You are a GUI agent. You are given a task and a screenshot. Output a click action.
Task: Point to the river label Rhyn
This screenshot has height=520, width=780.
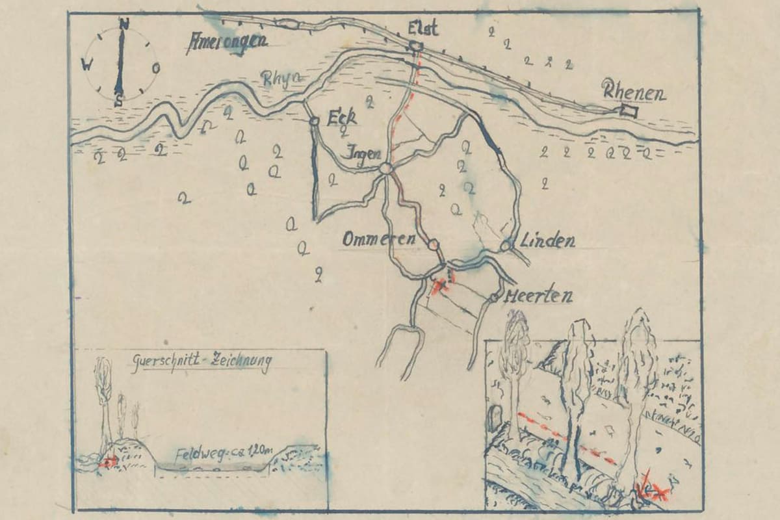point(282,78)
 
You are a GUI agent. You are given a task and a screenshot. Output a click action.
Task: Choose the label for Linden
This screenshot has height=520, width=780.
point(547,241)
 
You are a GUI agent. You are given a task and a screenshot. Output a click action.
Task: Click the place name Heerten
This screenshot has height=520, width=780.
point(538,296)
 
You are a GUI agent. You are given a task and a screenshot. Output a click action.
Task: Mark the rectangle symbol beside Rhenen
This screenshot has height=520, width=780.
point(629,111)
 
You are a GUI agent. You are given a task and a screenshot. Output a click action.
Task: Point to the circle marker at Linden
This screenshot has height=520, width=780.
point(506,246)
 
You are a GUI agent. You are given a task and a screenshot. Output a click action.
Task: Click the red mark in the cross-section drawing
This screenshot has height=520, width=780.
point(108,461)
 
